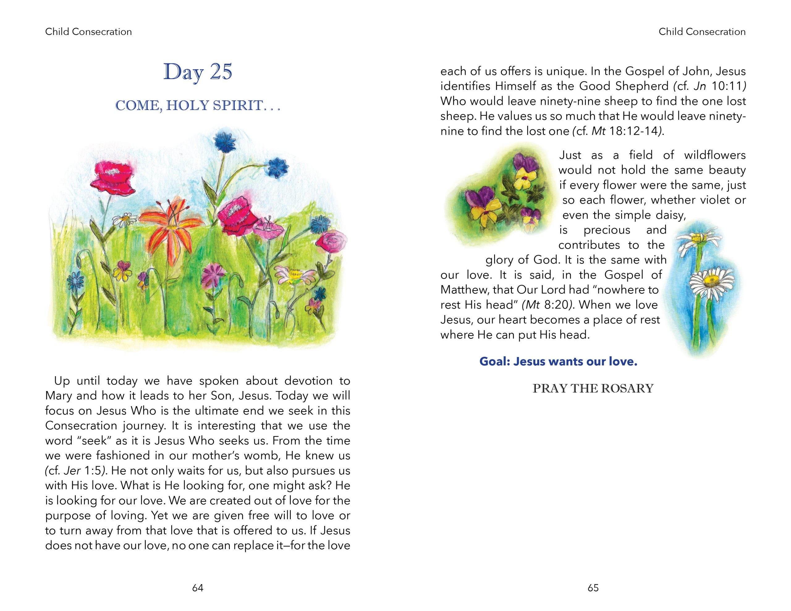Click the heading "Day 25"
pyautogui.click(x=197, y=72)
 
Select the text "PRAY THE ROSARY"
pyautogui.click(x=593, y=389)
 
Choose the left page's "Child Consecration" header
pyautogui.click(x=88, y=32)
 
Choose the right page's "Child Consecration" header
pyautogui.click(x=702, y=32)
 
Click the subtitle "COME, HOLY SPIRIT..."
pyautogui.click(x=197, y=105)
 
